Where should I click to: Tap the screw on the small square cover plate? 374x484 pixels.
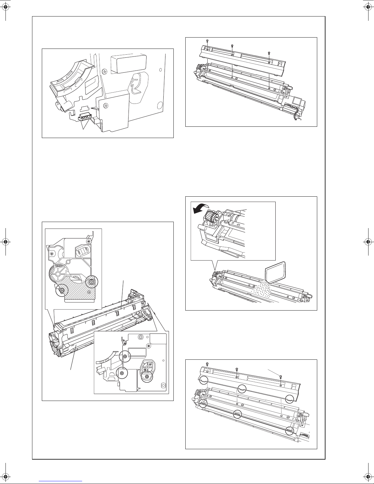106,106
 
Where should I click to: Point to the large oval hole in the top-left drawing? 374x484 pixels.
159,105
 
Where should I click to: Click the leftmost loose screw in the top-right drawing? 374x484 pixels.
207,41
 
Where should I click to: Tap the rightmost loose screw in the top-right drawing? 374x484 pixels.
269,53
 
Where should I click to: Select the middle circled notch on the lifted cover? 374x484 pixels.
242,389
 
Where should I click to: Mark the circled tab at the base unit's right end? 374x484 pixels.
289,430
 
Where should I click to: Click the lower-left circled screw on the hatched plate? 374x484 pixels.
62,290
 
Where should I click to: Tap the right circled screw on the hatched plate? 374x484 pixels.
91,281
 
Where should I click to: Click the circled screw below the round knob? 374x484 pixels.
147,378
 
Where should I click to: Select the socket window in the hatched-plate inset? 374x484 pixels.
83,252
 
